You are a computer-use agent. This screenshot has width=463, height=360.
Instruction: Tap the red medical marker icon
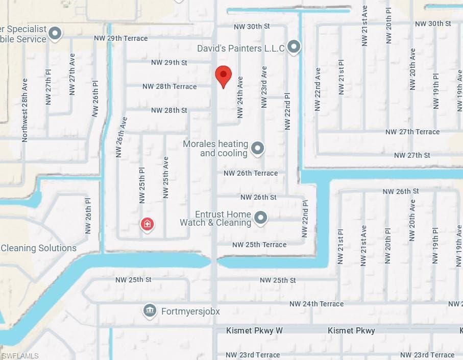pyautogui.click(x=147, y=224)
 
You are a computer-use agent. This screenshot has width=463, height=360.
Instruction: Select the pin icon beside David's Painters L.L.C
pyautogui.click(x=294, y=47)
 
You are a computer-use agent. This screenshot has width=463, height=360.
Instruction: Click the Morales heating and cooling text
pyautogui.click(x=215, y=149)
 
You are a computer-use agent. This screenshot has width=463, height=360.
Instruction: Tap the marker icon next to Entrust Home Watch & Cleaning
pyautogui.click(x=261, y=218)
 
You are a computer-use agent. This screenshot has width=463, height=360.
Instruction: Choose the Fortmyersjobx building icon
pyautogui.click(x=149, y=310)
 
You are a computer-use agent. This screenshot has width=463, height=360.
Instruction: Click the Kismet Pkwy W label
pyautogui.click(x=254, y=331)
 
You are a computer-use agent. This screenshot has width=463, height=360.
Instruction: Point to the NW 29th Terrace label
pyautogui.click(x=120, y=38)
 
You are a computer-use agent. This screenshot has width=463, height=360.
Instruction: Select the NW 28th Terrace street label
pyautogui.click(x=169, y=86)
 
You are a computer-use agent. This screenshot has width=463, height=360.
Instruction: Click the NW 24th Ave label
pyautogui.click(x=240, y=97)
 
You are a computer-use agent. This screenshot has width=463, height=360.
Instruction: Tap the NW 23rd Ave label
pyautogui.click(x=264, y=87)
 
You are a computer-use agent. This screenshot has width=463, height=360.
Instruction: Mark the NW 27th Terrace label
pyautogui.click(x=412, y=132)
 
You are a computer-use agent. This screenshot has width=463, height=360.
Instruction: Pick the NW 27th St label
pyautogui.click(x=412, y=155)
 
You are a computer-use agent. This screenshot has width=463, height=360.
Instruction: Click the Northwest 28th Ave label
pyautogui.click(x=25, y=110)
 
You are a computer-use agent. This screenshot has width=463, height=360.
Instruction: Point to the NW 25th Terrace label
pyautogui.click(x=259, y=245)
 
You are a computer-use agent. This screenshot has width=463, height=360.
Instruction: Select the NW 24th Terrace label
pyautogui.click(x=316, y=304)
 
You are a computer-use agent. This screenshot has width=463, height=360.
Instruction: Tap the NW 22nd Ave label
pyautogui.click(x=318, y=89)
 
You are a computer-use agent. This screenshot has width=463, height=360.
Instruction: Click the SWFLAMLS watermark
pyautogui.click(x=20, y=355)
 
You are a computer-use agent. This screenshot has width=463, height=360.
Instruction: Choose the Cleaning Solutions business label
pyautogui.click(x=38, y=248)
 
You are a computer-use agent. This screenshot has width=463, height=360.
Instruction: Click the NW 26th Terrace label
pyautogui.click(x=251, y=173)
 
